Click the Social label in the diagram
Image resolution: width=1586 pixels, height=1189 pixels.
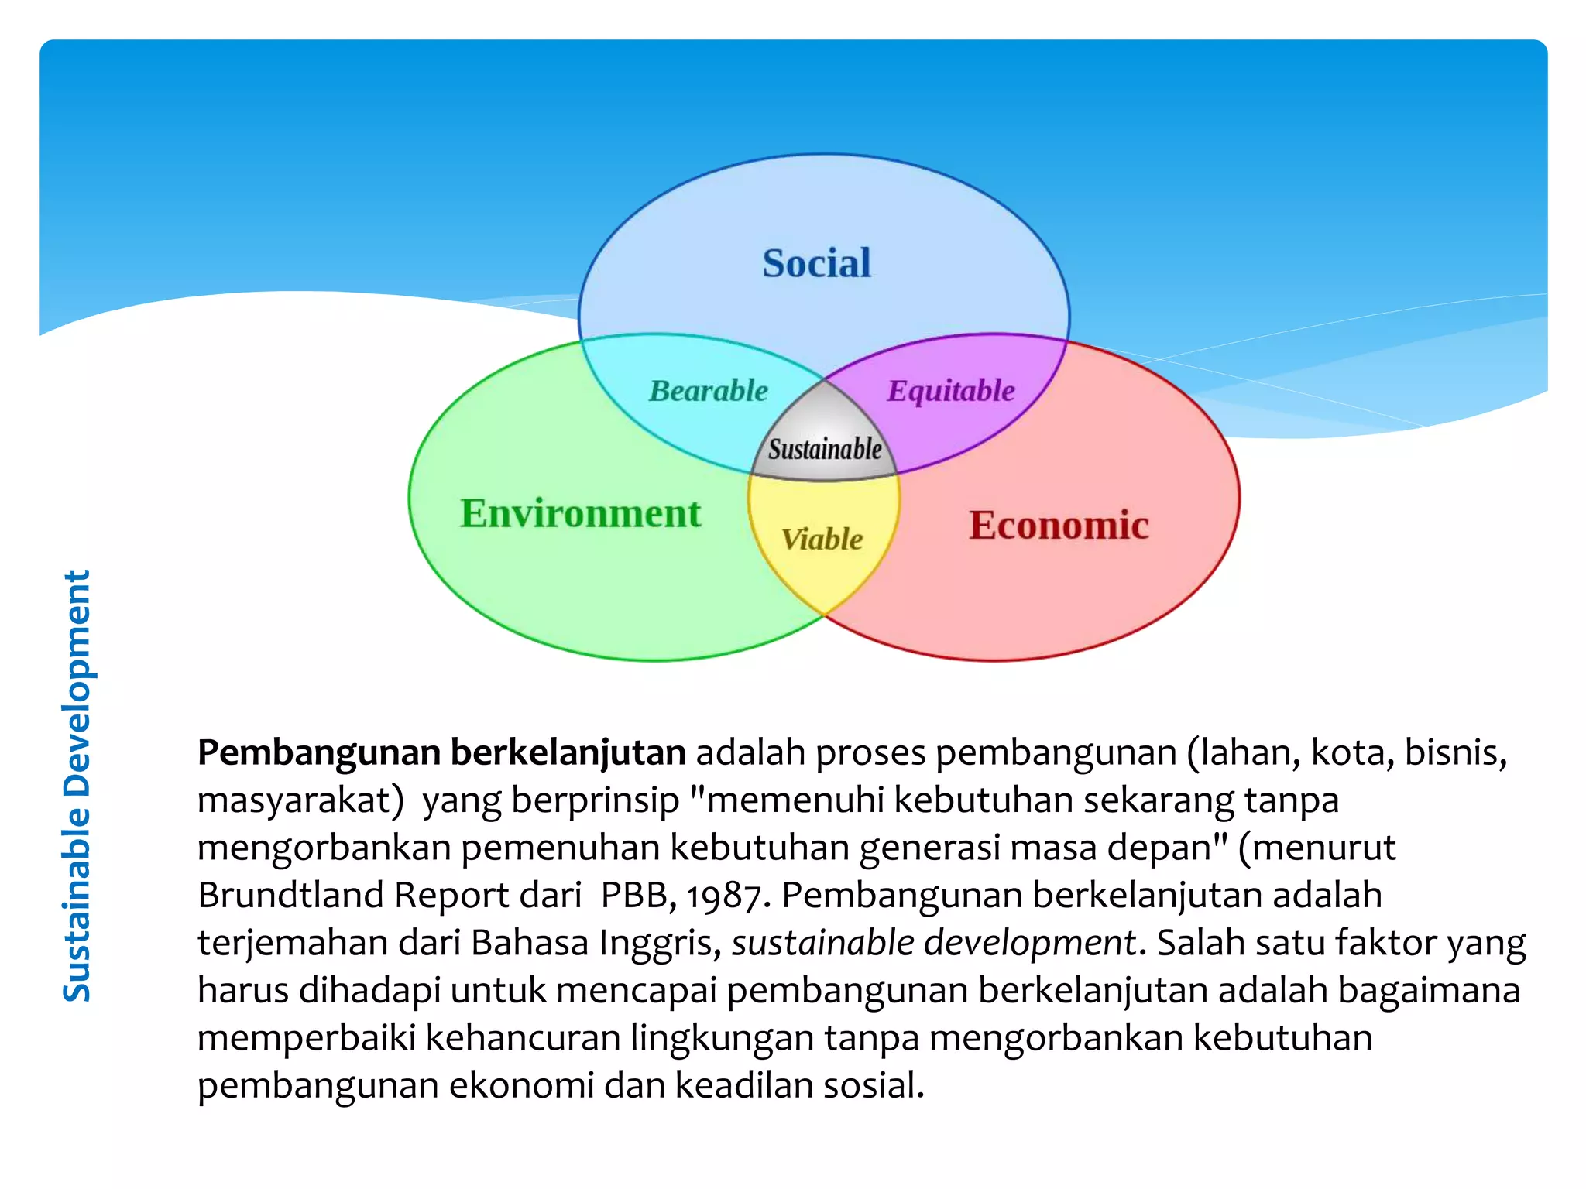click(816, 263)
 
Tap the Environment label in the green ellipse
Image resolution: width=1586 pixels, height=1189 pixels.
click(580, 513)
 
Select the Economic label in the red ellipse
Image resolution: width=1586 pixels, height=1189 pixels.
click(1059, 526)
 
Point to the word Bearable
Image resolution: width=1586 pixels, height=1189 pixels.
click(709, 391)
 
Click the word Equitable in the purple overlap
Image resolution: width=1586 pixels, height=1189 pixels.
click(951, 391)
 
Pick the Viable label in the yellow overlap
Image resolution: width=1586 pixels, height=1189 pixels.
click(822, 540)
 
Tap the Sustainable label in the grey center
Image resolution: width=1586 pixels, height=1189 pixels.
click(825, 449)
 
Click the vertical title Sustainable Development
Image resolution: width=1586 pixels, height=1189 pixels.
click(77, 786)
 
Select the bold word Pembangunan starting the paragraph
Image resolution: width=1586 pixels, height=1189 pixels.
click(319, 753)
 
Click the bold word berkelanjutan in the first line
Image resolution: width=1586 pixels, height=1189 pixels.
click(568, 753)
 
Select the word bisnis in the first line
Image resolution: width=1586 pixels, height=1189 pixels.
click(1456, 753)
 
